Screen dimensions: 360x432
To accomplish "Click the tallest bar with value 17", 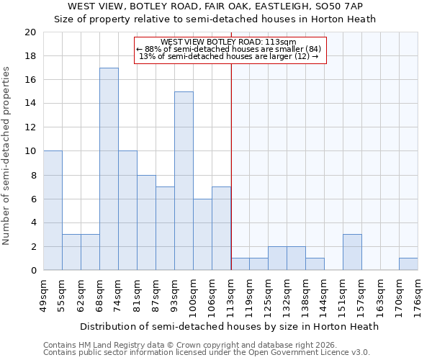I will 109,169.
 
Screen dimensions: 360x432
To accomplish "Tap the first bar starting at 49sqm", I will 53,210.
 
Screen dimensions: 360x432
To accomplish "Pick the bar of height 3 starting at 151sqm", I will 352,252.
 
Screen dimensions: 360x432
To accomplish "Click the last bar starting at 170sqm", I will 408,264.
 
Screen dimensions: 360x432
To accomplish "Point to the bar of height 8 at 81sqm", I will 146,222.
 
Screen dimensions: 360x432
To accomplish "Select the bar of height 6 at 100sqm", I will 202,234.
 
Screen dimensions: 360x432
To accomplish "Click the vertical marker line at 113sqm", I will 231,166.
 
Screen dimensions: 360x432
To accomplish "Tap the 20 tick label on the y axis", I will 30,32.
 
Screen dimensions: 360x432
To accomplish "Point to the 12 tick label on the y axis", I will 30,127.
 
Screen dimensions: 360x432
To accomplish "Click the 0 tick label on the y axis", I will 32,271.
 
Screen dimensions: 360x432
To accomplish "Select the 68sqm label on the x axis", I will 99,294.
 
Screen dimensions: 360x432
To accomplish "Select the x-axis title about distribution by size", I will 229,326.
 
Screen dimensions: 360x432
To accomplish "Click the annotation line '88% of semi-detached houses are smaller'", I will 230,49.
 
